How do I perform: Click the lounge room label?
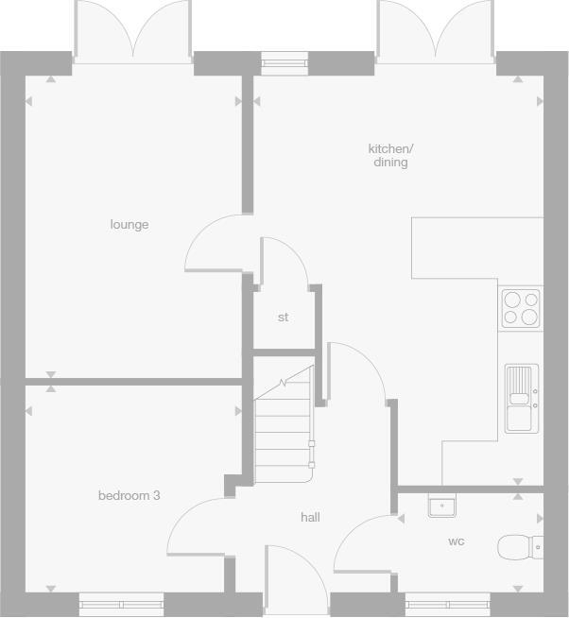[129, 225]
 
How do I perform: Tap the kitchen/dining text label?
[390, 156]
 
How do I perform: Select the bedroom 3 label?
[129, 495]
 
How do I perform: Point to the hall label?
[310, 517]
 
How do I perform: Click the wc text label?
[457, 541]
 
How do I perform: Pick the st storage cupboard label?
[283, 318]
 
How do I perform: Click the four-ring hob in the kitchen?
[521, 307]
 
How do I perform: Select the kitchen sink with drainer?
[521, 398]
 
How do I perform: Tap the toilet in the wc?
[520, 546]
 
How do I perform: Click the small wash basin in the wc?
[441, 506]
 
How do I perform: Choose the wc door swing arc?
[364, 542]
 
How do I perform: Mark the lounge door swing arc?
[215, 243]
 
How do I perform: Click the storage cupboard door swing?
[284, 259]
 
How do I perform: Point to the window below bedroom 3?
[121, 602]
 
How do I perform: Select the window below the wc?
[447, 602]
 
